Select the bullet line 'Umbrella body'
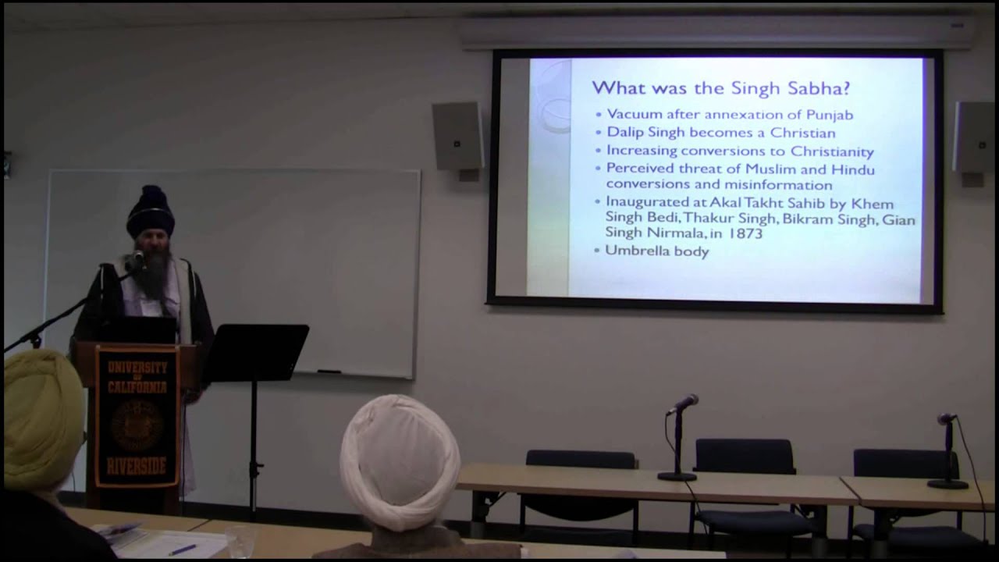pos(657,251)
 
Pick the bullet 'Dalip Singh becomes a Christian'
pos(720,133)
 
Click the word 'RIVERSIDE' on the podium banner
pos(137,466)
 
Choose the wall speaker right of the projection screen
pos(972,137)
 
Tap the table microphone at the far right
pos(947,419)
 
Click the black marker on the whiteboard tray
pos(329,372)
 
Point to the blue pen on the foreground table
pos(182,550)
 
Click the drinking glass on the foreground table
pos(240,541)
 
